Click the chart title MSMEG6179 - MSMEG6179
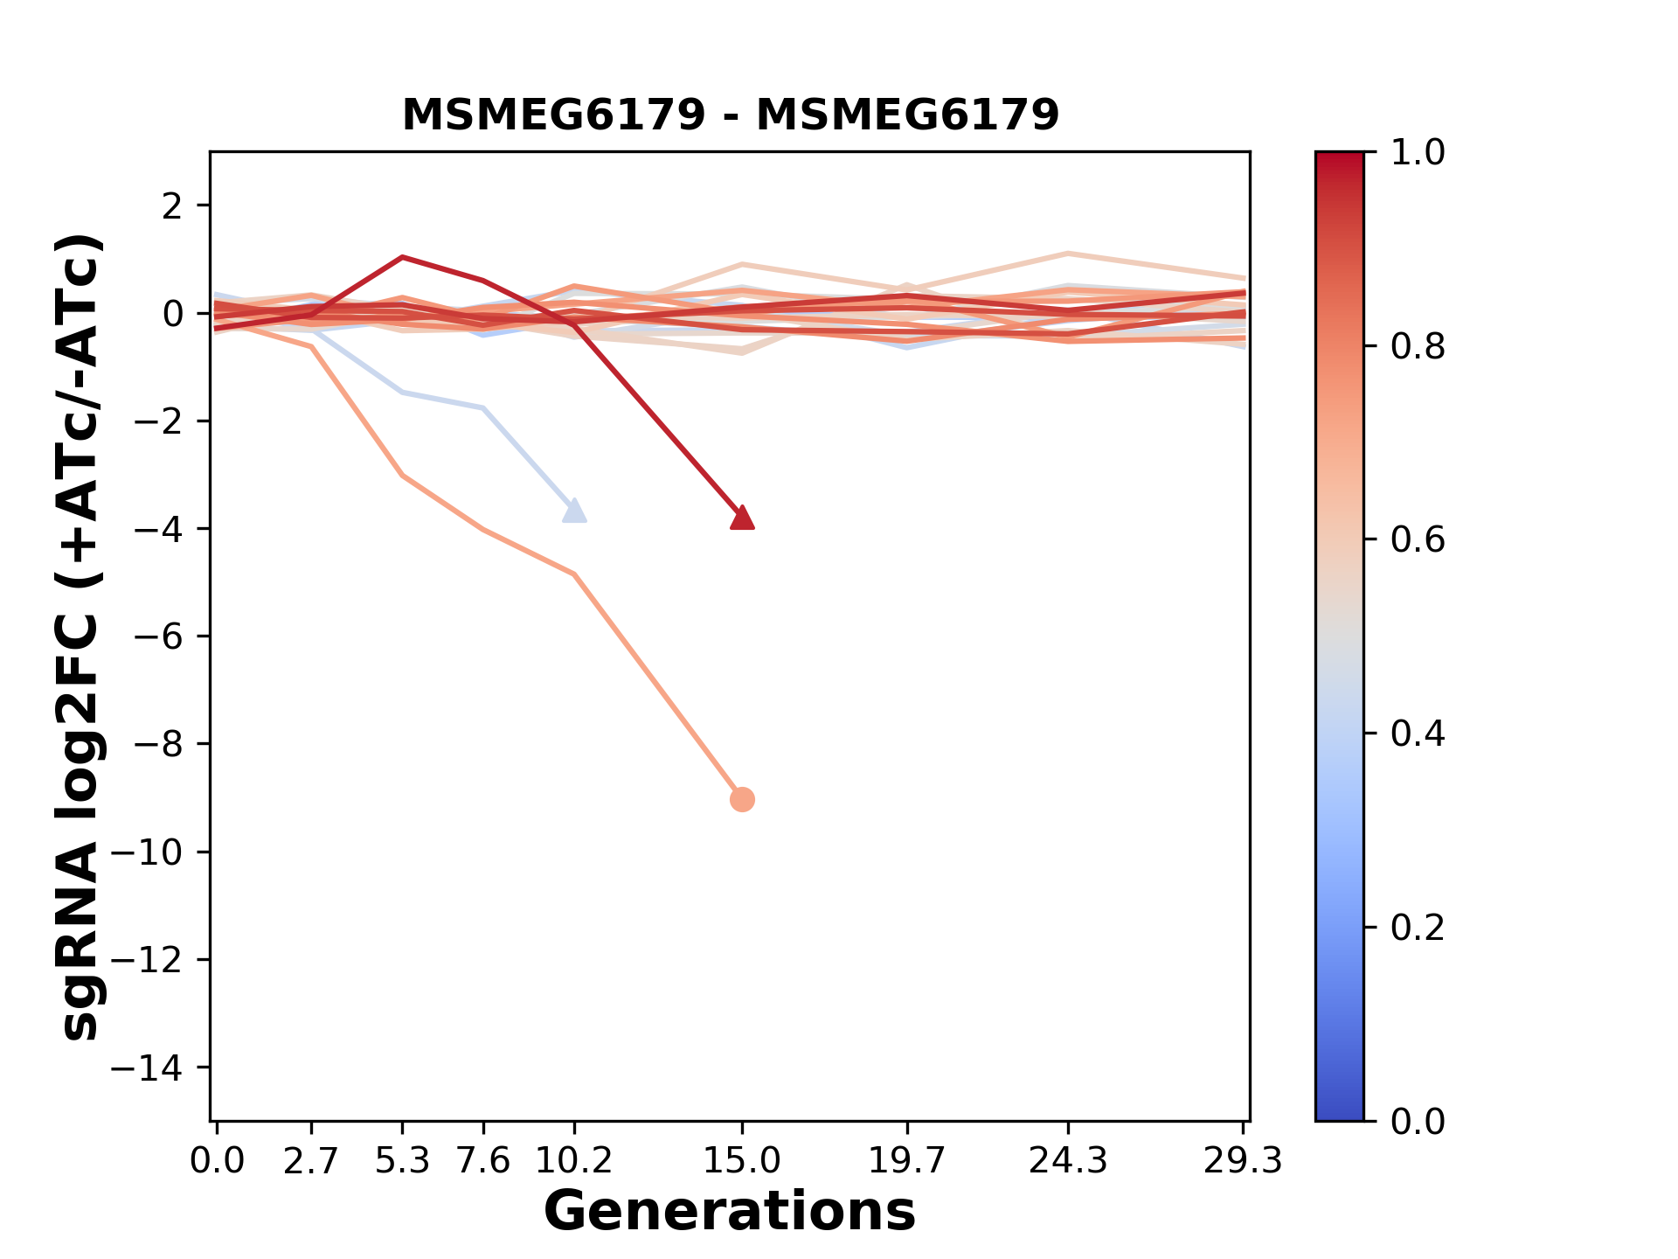(730, 115)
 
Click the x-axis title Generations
(730, 1212)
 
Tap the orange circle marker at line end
(742, 799)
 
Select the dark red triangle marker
(742, 518)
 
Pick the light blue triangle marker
(574, 511)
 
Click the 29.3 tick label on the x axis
(1243, 1161)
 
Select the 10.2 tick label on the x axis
(573, 1161)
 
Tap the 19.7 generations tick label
(907, 1161)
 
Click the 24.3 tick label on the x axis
(1068, 1161)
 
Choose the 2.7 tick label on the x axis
(311, 1161)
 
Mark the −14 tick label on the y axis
(147, 1068)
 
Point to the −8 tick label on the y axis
(157, 744)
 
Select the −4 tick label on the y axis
(157, 529)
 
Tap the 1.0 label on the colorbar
(1417, 153)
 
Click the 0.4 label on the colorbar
(1417, 734)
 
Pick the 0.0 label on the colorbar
(1417, 1121)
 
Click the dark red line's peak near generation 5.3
(402, 257)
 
